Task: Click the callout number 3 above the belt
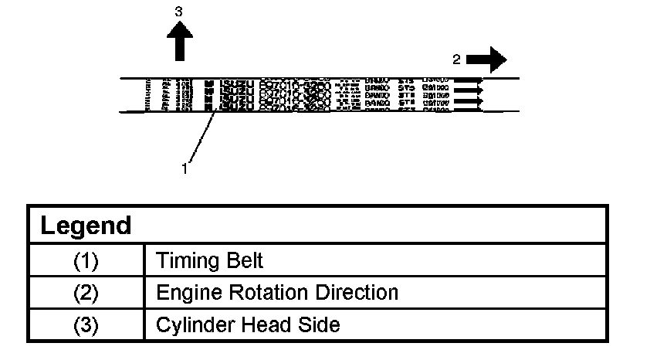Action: coord(180,12)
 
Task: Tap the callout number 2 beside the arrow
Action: coord(456,59)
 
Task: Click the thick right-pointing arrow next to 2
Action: coord(486,59)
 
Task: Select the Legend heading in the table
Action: coord(86,226)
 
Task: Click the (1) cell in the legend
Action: coord(86,261)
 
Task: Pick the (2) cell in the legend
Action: coord(86,293)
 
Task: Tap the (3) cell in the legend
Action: coord(86,324)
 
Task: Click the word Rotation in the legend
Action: coord(261,293)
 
